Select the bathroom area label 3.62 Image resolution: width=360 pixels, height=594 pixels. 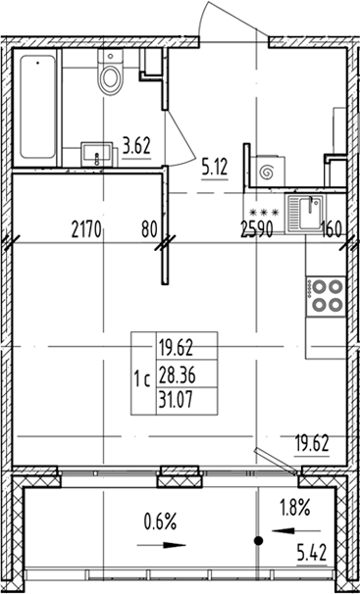point(137,149)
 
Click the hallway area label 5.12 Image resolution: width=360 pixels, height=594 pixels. point(214,166)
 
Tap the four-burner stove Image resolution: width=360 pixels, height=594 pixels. point(327,296)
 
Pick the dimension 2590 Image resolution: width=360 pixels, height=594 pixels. point(257,231)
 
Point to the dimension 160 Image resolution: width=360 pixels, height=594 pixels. point(332,231)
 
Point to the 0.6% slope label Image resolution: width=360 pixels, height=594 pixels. point(160,521)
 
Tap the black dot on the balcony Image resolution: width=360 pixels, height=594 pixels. point(258,540)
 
